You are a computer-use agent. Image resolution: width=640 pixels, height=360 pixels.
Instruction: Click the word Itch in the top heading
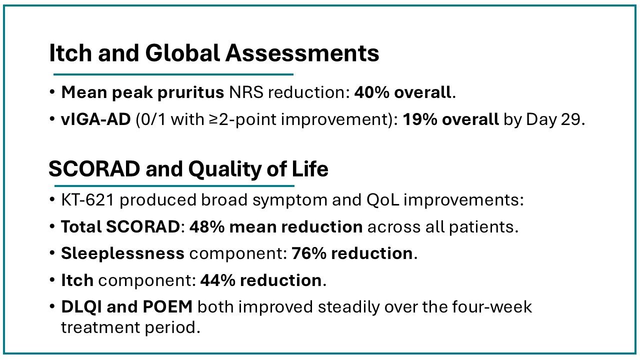coord(70,53)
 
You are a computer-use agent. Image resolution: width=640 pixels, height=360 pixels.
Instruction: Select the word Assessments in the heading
coord(302,53)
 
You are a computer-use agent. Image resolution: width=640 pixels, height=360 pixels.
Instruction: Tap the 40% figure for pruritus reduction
coord(371,92)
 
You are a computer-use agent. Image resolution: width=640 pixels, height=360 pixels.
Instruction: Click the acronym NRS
coord(246,92)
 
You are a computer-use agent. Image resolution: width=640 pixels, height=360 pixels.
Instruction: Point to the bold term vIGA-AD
coord(95,119)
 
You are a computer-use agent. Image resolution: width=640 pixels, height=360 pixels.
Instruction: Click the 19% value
coord(419,119)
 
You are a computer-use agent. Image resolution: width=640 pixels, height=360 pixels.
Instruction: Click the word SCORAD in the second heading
coord(94,169)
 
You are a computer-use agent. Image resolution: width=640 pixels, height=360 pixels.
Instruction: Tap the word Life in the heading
coord(310,168)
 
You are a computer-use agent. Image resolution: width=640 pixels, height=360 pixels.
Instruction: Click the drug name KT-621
coord(87,199)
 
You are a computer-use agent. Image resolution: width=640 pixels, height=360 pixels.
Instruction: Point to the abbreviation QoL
coord(382,199)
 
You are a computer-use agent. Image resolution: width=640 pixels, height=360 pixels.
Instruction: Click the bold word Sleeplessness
coord(123,253)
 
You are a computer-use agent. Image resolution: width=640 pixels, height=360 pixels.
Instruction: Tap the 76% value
coord(309,253)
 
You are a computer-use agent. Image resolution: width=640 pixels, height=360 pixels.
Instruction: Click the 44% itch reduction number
coord(217,280)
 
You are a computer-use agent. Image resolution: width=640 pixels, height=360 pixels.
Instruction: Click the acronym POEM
coord(167,307)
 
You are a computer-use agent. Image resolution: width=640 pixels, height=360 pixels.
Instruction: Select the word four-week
coord(491,307)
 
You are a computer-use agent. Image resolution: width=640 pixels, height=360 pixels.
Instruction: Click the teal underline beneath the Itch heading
coord(173,74)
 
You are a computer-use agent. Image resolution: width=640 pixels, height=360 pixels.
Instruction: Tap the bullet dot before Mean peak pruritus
coord(52,92)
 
